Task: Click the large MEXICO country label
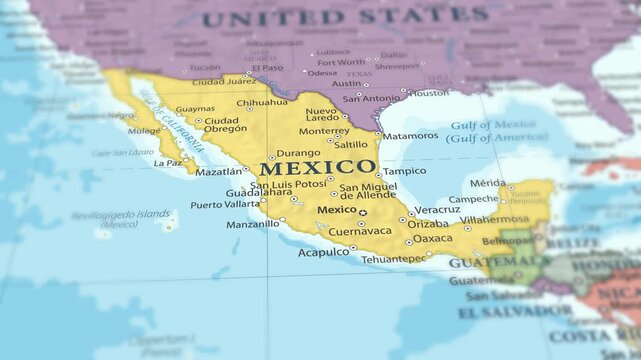[x=318, y=167]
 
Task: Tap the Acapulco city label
[x=323, y=252]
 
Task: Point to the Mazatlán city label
[x=218, y=172]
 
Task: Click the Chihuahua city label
[x=262, y=102]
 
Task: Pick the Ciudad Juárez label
[x=223, y=81]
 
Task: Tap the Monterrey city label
[x=324, y=130]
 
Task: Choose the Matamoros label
[x=410, y=135]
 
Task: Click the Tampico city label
[x=404, y=171]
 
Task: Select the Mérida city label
[x=487, y=183]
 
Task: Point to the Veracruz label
[x=437, y=210]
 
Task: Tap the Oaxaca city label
[x=432, y=238]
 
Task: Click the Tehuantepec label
[x=393, y=259]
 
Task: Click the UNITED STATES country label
[x=344, y=17]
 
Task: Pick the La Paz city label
[x=167, y=162]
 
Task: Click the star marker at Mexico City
[x=363, y=212]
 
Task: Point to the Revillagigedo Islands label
[x=120, y=216]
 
